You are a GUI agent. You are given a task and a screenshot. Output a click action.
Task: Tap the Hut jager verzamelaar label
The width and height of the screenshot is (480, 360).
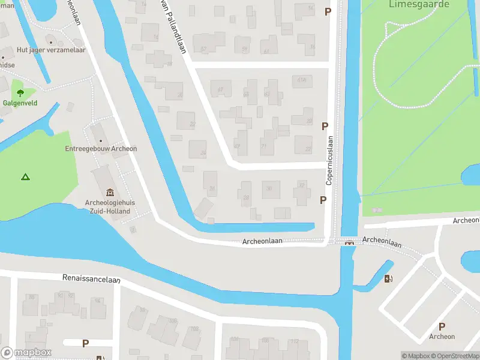pyautogui.click(x=51, y=50)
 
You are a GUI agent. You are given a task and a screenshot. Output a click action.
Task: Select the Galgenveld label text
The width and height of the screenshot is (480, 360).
pyautogui.click(x=20, y=103)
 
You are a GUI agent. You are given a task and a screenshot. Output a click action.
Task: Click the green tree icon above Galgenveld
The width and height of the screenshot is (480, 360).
pyautogui.click(x=20, y=92)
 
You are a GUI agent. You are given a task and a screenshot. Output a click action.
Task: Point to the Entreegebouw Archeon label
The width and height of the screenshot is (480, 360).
pyautogui.click(x=101, y=149)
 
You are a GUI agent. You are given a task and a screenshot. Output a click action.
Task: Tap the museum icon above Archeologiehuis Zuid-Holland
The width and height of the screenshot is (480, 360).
pyautogui.click(x=110, y=193)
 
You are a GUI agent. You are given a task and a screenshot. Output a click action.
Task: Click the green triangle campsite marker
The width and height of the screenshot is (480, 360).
pyautogui.click(x=25, y=177)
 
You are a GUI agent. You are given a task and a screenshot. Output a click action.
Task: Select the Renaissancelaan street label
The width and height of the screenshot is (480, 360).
pyautogui.click(x=91, y=279)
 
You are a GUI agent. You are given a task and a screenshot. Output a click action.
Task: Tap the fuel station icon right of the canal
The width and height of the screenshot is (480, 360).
pyautogui.click(x=388, y=278)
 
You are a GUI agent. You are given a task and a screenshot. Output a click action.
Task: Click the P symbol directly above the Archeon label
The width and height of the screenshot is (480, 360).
pyautogui.click(x=442, y=326)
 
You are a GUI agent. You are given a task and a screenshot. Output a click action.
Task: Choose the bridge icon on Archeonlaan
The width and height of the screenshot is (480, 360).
pyautogui.click(x=349, y=242)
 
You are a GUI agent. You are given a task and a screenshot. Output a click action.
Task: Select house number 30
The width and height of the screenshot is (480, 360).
pyautogui.click(x=269, y=188)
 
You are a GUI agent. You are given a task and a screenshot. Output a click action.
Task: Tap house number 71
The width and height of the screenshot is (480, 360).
pyautogui.click(x=263, y=146)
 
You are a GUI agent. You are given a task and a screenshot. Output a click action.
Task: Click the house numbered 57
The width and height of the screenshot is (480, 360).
pyautogui.click(x=203, y=49)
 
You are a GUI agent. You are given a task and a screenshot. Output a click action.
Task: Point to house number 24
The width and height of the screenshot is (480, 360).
pyautogui.click(x=203, y=153)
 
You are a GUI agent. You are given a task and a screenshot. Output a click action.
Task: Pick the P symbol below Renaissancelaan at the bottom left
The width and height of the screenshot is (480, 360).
pyautogui.click(x=85, y=343)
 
